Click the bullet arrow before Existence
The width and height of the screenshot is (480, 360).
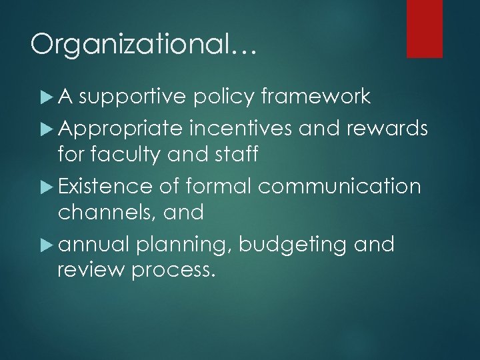coord(45,185)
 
